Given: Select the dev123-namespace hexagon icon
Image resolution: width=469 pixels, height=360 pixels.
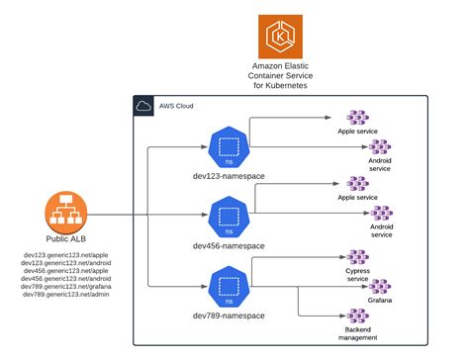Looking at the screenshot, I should pyautogui.click(x=229, y=145).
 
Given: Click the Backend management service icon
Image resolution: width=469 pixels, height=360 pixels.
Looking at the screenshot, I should pyautogui.click(x=357, y=315).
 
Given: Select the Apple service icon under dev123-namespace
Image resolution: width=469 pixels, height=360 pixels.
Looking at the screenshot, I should pyautogui.click(x=357, y=118).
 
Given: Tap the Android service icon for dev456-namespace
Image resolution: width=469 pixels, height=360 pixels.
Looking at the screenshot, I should pyautogui.click(x=381, y=214).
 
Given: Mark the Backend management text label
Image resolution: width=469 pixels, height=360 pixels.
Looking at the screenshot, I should pyautogui.click(x=357, y=333).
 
